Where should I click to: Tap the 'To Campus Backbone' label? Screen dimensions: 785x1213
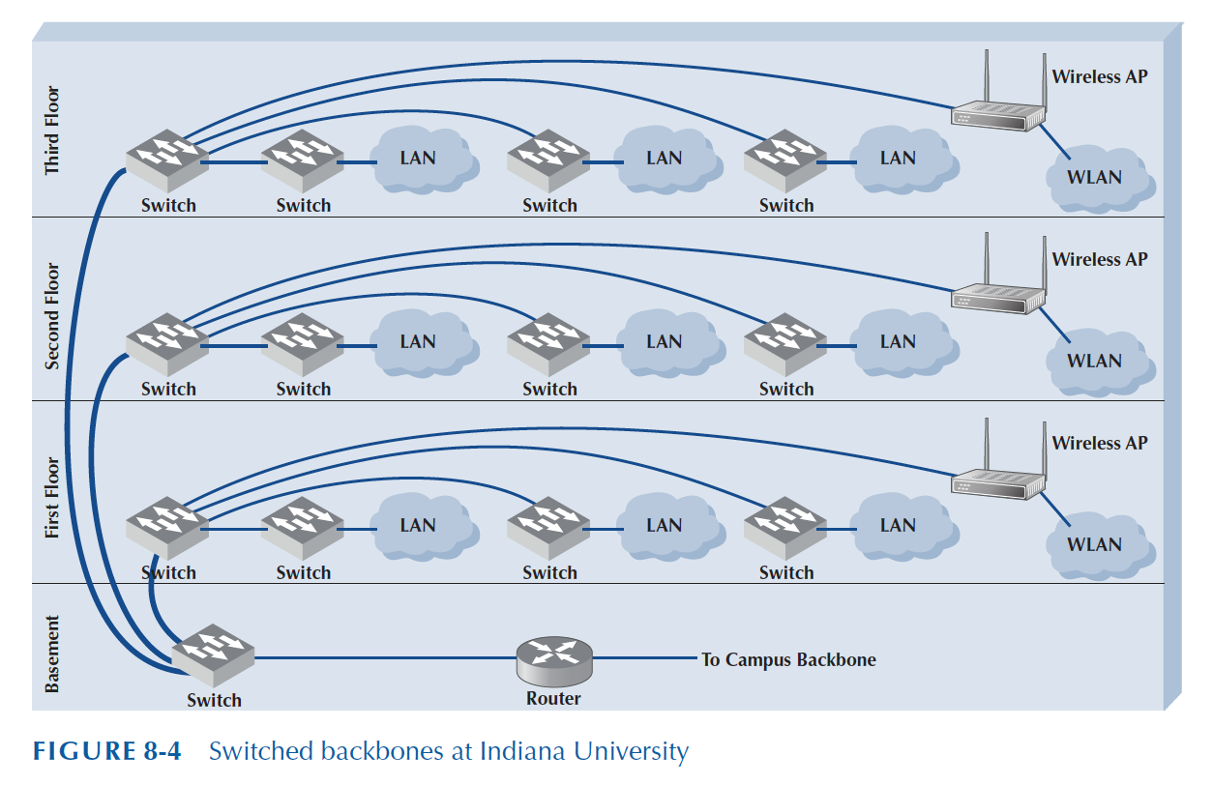click(788, 660)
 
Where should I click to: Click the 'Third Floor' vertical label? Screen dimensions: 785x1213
click(52, 131)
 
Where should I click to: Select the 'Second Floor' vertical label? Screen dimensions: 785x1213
click(52, 316)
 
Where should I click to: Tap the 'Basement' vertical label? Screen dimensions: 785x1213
click(52, 654)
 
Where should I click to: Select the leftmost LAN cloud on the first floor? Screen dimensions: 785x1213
click(418, 526)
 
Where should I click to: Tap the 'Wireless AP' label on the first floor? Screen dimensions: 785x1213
click(1100, 443)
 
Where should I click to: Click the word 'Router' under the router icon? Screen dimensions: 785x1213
click(553, 699)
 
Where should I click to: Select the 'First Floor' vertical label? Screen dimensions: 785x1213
click(52, 498)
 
